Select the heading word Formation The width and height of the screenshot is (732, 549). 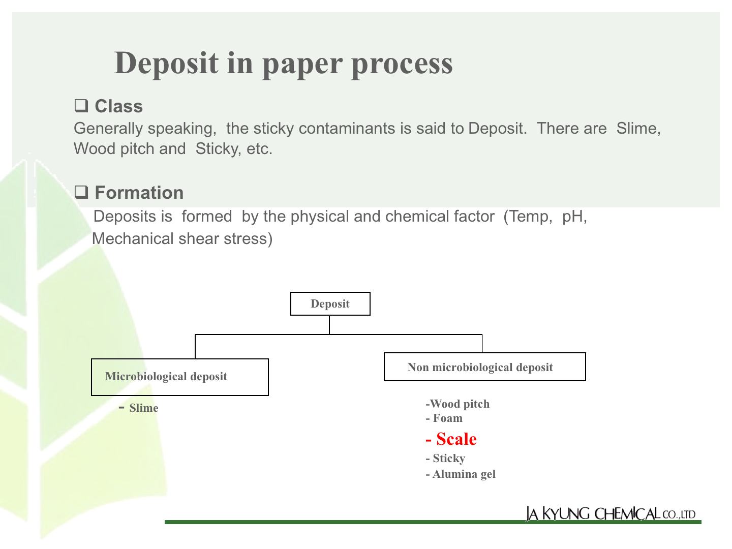139,192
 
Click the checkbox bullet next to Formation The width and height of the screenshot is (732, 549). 81,192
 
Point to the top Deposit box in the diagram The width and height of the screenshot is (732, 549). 330,303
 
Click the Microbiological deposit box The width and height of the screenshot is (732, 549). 180,377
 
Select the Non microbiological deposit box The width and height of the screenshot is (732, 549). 484,367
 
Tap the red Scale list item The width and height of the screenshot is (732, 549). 451,439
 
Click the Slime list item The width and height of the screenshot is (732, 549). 139,408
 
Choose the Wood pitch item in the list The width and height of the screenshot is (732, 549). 457,404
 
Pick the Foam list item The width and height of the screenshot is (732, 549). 444,418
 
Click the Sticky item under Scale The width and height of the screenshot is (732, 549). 445,458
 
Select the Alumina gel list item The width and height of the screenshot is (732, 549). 461,474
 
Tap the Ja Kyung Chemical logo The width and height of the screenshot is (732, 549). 611,513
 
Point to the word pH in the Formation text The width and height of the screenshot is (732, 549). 574,217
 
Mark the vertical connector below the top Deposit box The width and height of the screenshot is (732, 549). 329,325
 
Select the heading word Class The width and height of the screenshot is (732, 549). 119,106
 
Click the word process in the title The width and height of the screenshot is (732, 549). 402,65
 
